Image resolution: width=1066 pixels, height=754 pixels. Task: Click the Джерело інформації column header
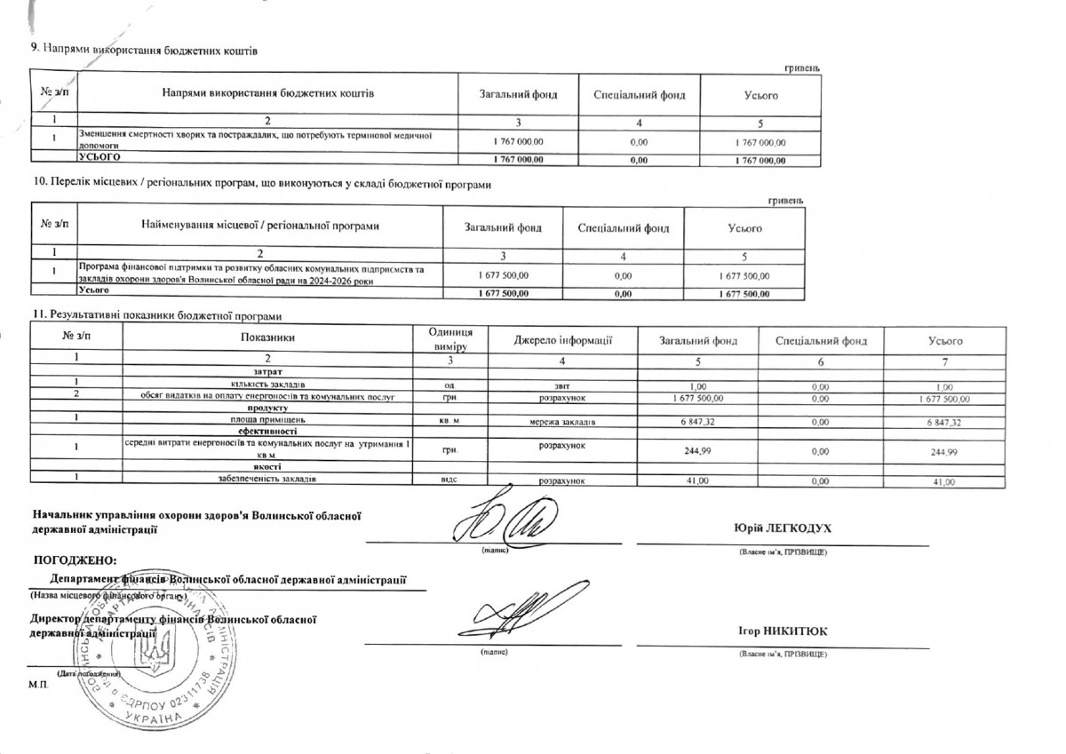pyautogui.click(x=563, y=340)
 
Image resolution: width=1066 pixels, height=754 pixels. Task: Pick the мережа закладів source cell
pyautogui.click(x=562, y=421)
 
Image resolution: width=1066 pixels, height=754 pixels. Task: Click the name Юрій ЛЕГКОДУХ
pyautogui.click(x=781, y=528)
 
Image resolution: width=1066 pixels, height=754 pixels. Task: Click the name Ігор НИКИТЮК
pyautogui.click(x=783, y=631)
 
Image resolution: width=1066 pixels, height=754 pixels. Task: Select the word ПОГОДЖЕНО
pyautogui.click(x=75, y=560)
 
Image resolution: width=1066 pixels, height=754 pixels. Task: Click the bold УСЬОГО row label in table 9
pyautogui.click(x=99, y=156)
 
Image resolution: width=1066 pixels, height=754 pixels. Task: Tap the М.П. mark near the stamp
pyautogui.click(x=38, y=686)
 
